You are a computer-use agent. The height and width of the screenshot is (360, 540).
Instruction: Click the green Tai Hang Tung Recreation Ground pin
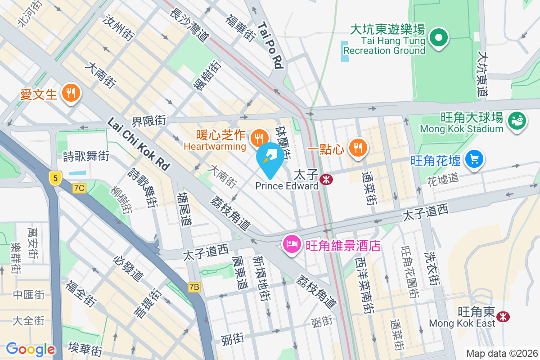(x=439, y=38)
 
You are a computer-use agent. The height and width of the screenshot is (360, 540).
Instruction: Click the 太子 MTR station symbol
(x=326, y=179)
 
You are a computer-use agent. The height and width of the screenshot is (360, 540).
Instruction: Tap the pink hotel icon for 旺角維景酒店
(x=291, y=245)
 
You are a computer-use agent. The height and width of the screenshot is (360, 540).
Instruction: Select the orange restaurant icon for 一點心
(x=358, y=147)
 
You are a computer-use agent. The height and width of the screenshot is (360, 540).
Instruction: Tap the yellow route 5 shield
(x=55, y=178)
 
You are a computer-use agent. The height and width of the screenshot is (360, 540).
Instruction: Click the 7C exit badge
(x=79, y=188)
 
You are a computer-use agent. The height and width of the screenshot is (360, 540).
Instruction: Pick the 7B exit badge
(x=194, y=287)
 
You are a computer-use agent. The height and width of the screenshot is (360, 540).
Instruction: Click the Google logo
(x=30, y=349)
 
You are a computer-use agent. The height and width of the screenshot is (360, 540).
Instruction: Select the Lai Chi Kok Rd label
(x=138, y=144)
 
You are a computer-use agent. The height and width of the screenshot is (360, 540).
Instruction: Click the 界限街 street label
(x=148, y=121)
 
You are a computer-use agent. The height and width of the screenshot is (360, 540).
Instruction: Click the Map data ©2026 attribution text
(x=501, y=353)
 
